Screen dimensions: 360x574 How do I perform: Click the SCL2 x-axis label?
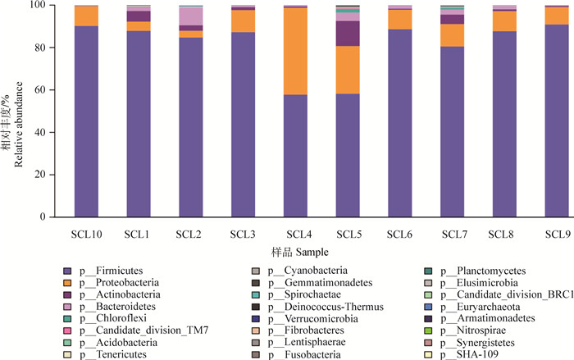[x=189, y=235]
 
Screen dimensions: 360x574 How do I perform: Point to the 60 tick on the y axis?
[x=43, y=90]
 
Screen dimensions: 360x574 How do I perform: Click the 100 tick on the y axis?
[x=40, y=6]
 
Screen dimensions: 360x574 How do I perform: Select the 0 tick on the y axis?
[x=46, y=217]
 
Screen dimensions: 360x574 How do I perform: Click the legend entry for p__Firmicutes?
[x=114, y=271]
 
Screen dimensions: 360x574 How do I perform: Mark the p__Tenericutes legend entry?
[x=116, y=353]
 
